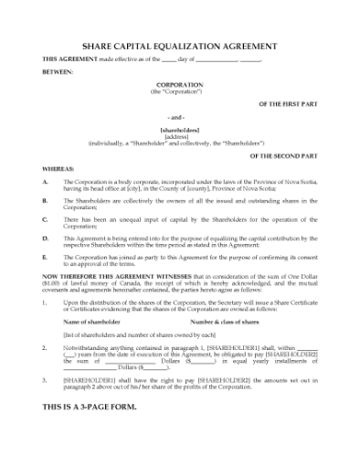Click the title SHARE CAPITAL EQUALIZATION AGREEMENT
pyautogui.click(x=179, y=45)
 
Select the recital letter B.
pyautogui.click(x=46, y=200)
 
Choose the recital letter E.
pyautogui.click(x=46, y=258)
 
